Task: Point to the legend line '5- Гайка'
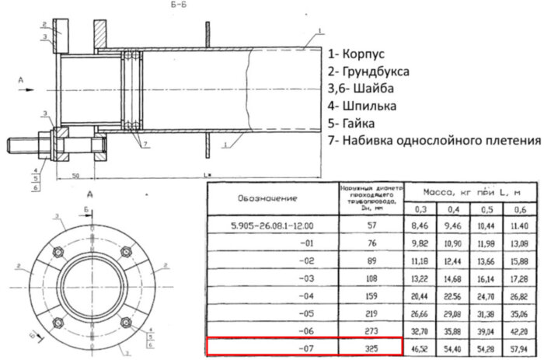tap(358, 123)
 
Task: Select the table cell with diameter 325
tap(373, 347)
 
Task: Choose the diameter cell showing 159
tap(373, 295)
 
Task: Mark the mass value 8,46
tap(420, 226)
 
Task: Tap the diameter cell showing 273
tap(373, 330)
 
